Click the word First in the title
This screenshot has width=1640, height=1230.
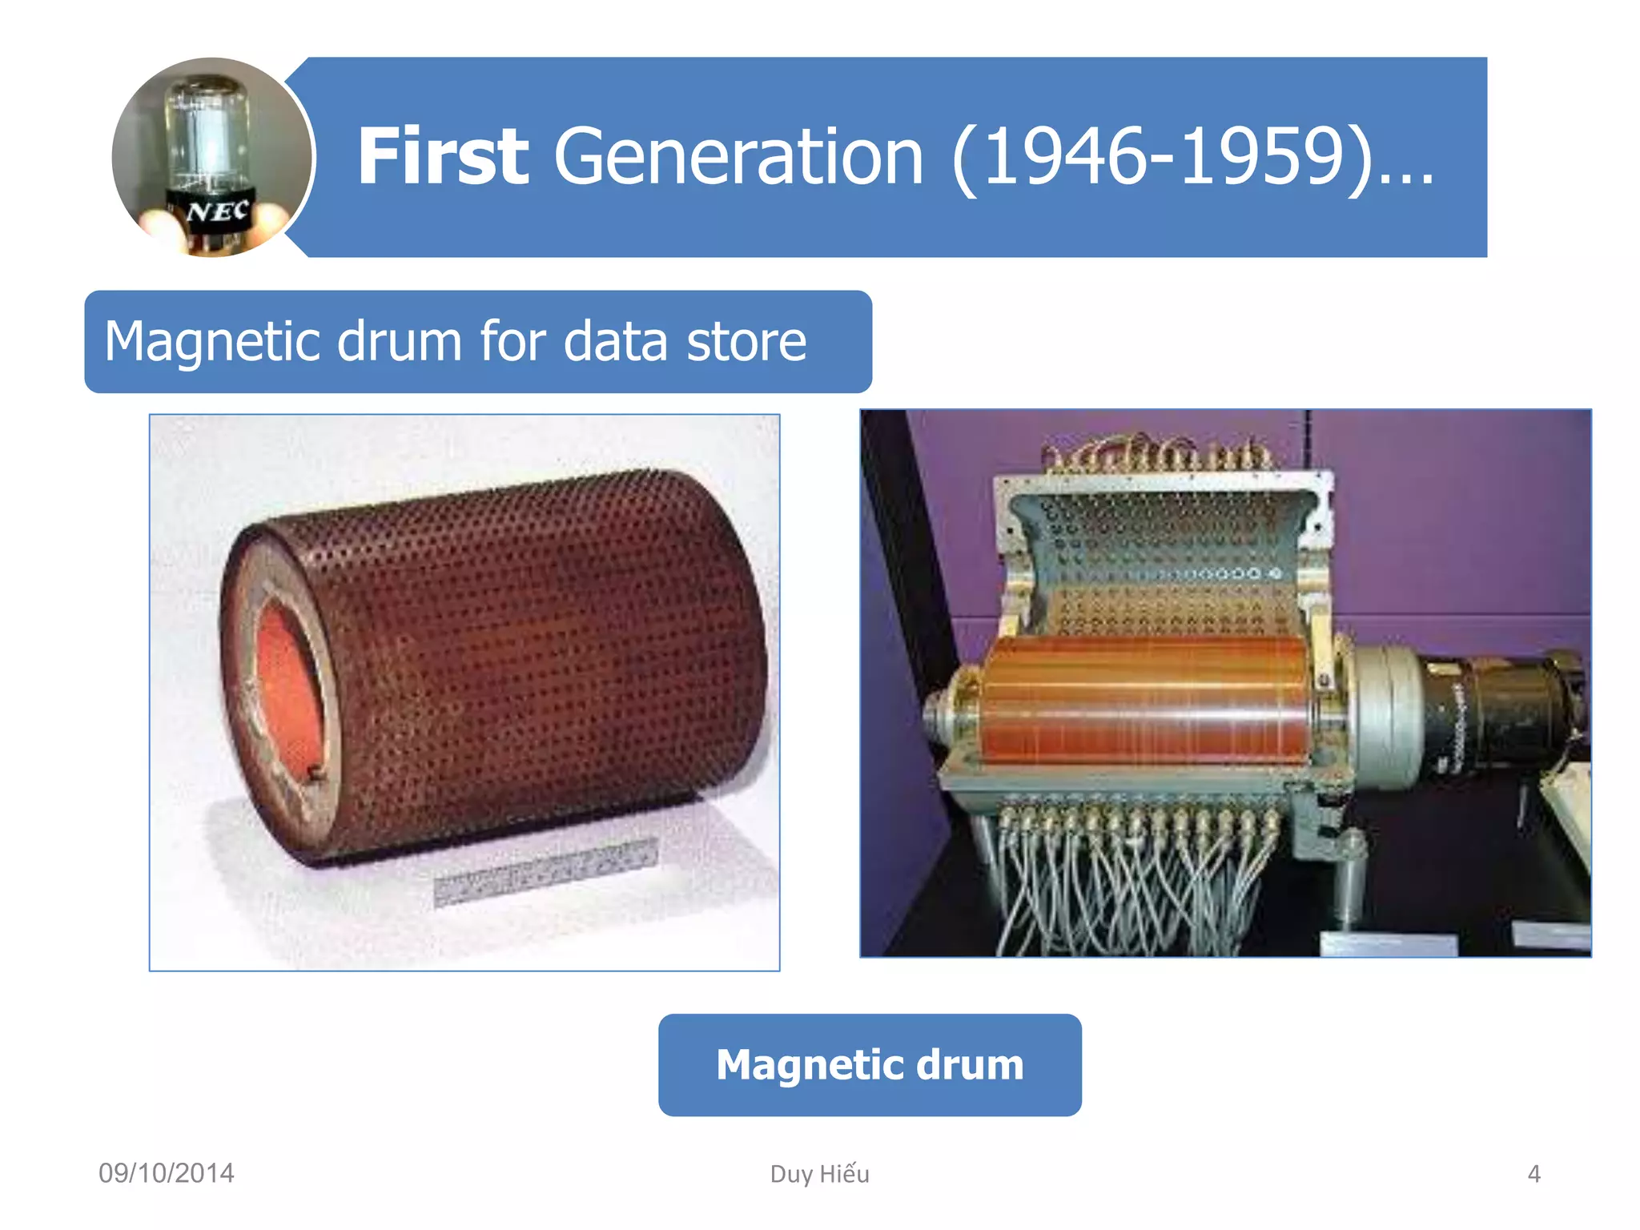(x=442, y=157)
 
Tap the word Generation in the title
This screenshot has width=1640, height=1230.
(x=738, y=157)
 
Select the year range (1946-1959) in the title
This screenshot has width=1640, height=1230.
(x=1161, y=157)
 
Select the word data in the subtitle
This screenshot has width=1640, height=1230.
(x=615, y=342)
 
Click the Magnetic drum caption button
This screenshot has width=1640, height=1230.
(x=870, y=1065)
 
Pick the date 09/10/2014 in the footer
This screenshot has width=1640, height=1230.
(x=166, y=1173)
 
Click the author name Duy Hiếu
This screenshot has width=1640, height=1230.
(x=819, y=1174)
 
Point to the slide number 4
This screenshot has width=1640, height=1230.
(x=1533, y=1174)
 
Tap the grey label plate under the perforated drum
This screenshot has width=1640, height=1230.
(x=545, y=873)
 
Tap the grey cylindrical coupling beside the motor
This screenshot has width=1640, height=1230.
(x=1385, y=705)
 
